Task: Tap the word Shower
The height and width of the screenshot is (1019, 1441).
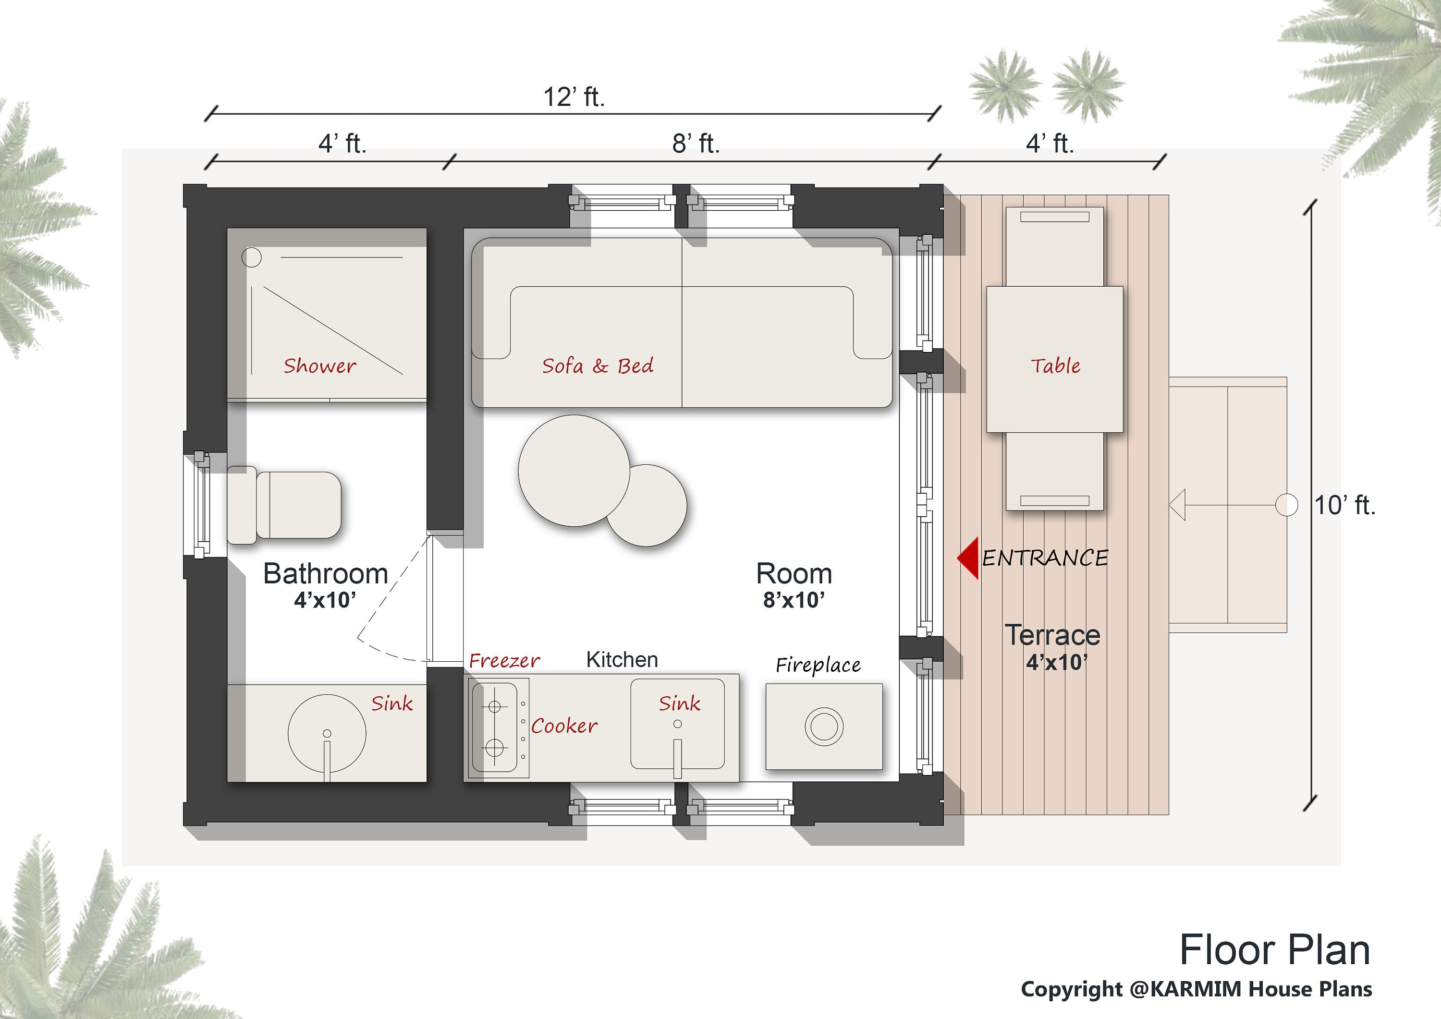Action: click(319, 366)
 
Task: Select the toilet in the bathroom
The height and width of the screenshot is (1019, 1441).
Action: click(284, 505)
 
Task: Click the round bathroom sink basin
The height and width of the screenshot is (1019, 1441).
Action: click(327, 733)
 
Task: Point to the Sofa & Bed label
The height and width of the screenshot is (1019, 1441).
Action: click(598, 366)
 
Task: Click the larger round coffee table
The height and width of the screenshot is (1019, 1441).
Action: click(574, 471)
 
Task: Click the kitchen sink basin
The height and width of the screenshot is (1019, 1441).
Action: click(677, 724)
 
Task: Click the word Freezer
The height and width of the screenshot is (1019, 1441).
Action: click(504, 661)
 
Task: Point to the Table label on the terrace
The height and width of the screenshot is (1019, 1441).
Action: click(1056, 366)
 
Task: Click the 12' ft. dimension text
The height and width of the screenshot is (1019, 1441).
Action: click(574, 97)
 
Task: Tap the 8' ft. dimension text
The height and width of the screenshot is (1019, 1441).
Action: click(696, 144)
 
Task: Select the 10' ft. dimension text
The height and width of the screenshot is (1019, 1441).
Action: click(1344, 505)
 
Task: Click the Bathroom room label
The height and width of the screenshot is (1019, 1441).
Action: click(326, 573)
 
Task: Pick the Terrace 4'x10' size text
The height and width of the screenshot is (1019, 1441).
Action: click(1057, 663)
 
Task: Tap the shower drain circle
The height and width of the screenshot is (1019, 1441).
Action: click(252, 257)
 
